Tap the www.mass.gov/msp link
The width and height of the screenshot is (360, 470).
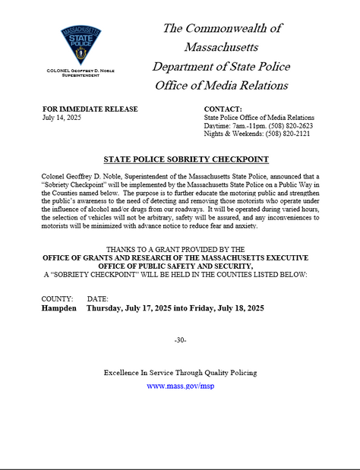click(x=180, y=386)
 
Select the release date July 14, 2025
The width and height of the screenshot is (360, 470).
click(x=62, y=118)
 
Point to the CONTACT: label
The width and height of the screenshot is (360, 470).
click(x=223, y=109)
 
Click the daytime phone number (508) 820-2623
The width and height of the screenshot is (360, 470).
click(x=292, y=126)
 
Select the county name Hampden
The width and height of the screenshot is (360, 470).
click(x=59, y=309)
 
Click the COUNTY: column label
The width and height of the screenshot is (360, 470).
click(x=58, y=300)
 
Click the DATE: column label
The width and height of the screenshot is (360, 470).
click(x=98, y=300)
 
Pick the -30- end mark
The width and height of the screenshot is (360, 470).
click(x=180, y=339)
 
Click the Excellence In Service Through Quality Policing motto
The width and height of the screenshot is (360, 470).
click(x=180, y=373)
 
